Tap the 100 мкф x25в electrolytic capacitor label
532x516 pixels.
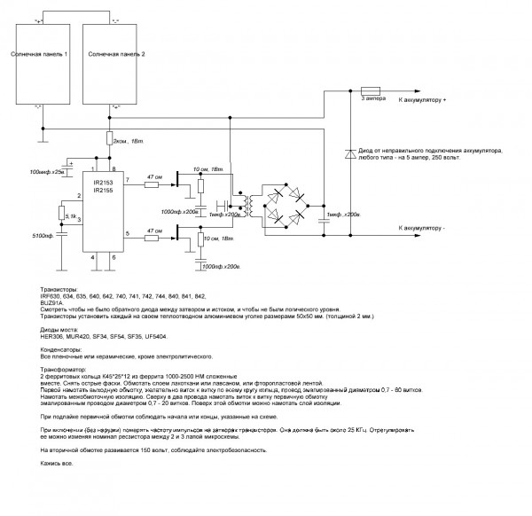point(47,171)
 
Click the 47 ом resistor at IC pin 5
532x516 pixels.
point(153,235)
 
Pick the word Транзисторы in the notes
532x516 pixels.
point(59,290)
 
